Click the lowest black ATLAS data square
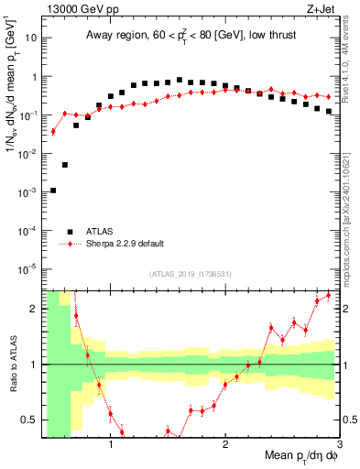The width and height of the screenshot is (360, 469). pos(53,191)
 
